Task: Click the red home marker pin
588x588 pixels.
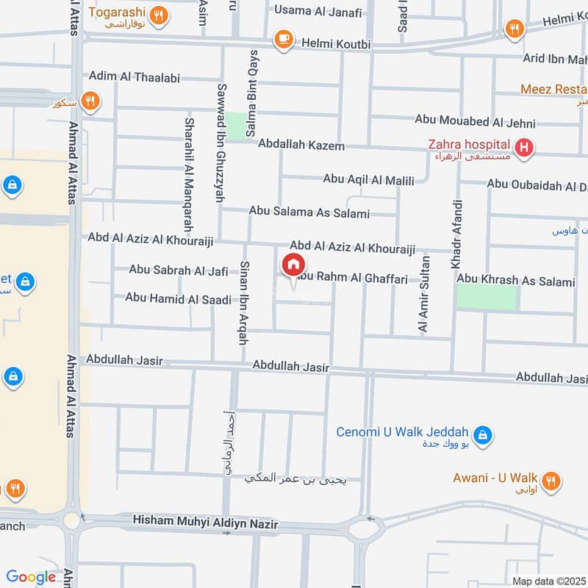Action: [293, 265]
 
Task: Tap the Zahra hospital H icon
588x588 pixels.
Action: [523, 148]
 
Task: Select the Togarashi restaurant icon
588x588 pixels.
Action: [157, 13]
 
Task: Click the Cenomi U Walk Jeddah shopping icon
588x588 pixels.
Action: [482, 435]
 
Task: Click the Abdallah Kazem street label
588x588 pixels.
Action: [301, 146]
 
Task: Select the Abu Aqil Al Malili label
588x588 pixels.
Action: [369, 179]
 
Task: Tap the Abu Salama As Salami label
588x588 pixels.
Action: [309, 212]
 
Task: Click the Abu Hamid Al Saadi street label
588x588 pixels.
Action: [179, 298]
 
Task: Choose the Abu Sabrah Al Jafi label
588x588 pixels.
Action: [179, 270]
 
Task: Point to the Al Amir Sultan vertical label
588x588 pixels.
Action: [423, 294]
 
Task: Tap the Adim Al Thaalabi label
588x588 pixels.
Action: [135, 76]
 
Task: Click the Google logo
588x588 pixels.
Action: [31, 578]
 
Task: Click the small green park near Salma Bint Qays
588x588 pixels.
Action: [235, 125]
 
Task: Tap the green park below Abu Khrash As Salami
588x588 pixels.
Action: [486, 298]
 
